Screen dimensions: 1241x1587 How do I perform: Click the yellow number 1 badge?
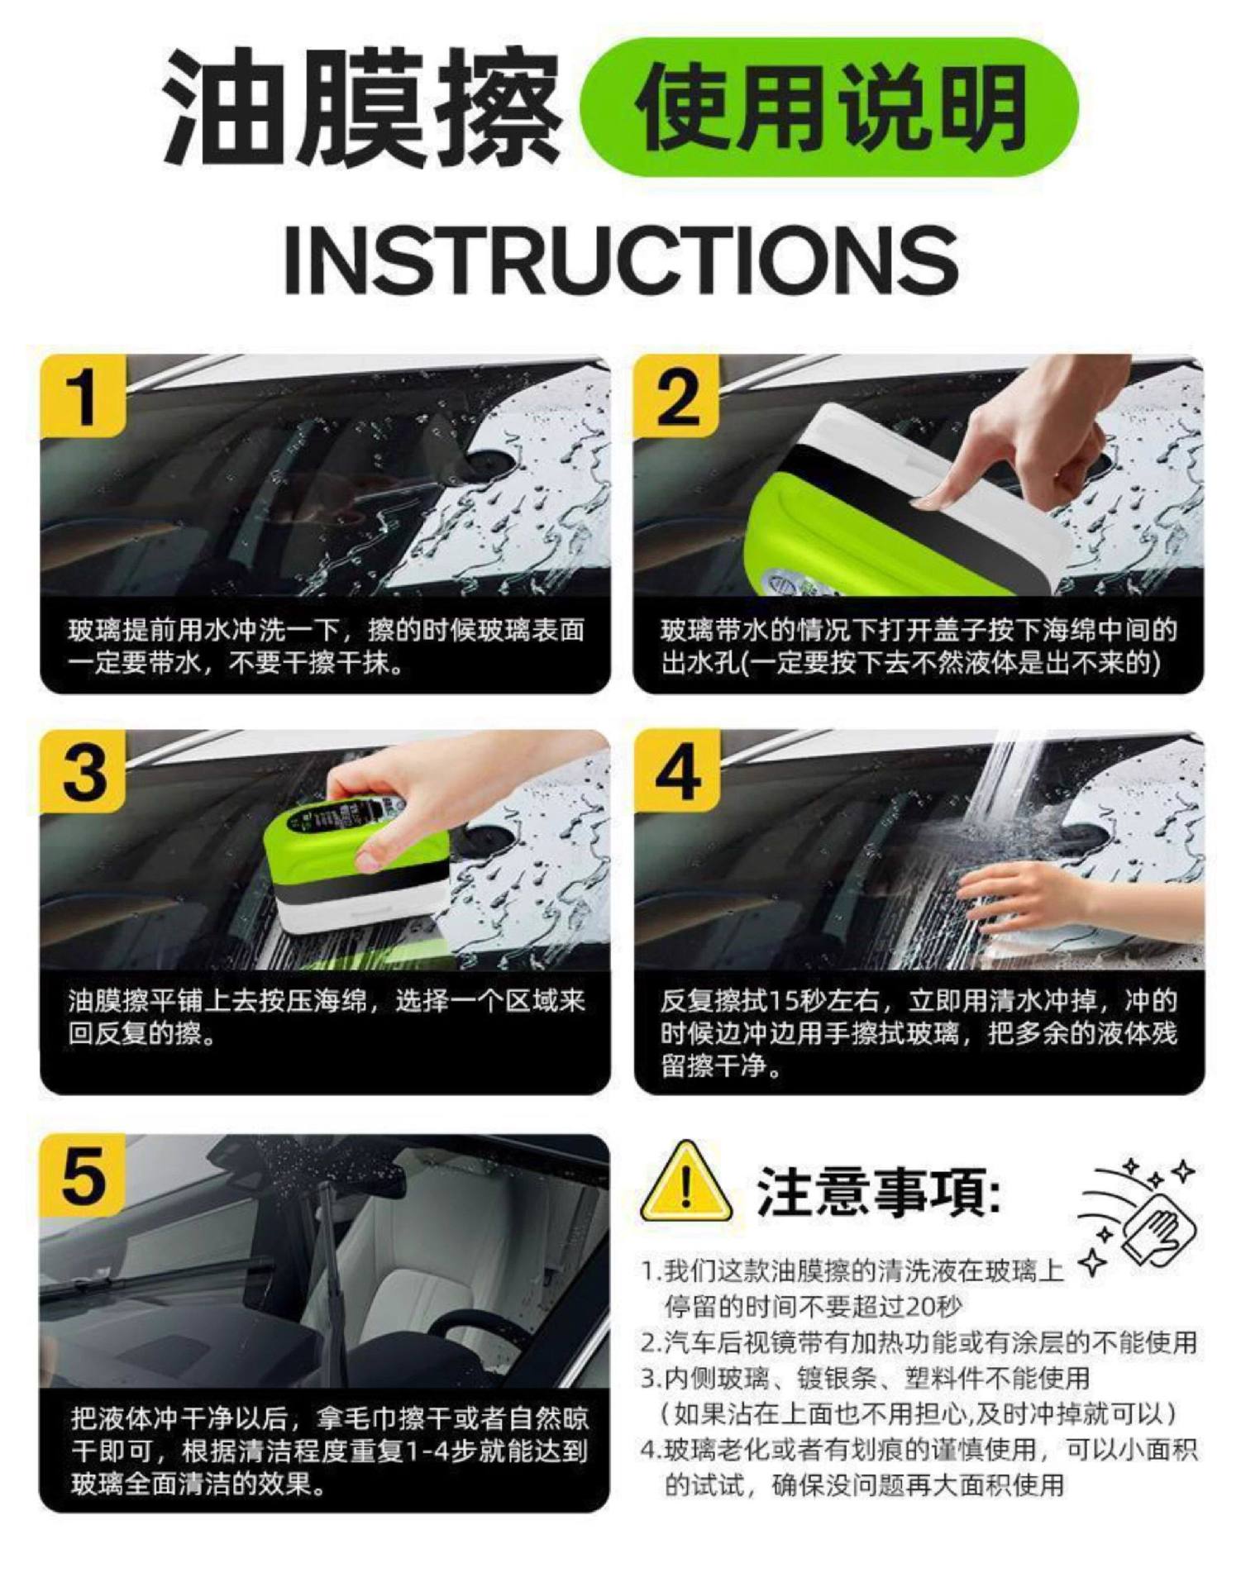click(83, 396)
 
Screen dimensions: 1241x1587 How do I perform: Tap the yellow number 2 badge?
click(675, 396)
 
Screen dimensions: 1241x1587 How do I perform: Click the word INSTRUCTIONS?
click(621, 258)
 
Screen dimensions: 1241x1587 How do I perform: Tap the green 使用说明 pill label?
click(829, 107)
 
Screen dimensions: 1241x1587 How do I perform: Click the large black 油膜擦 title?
click(361, 107)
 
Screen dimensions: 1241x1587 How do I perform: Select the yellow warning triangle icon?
click(685, 1183)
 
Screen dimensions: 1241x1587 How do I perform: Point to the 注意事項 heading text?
click(878, 1193)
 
